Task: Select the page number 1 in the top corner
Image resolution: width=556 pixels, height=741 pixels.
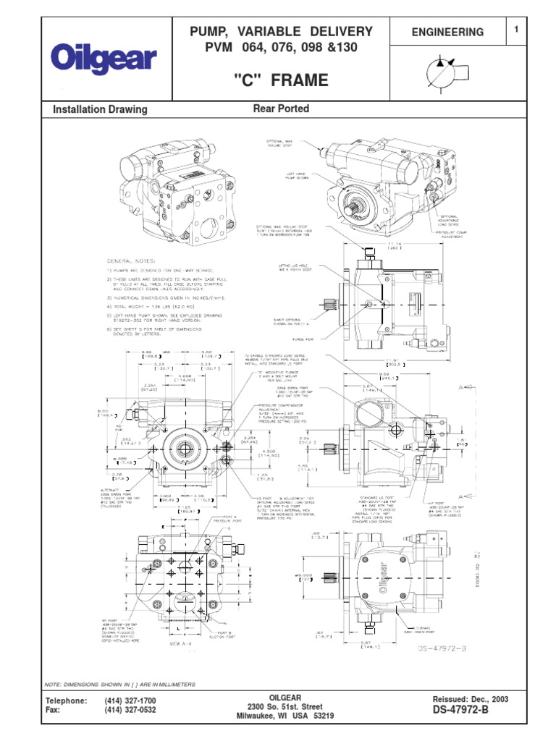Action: point(516,30)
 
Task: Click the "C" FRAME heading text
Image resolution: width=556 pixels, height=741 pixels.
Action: point(282,81)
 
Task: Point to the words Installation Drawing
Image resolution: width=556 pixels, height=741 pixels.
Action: point(101,110)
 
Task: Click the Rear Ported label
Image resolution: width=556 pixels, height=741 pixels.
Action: point(281,109)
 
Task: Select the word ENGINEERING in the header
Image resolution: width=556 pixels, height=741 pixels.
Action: point(447,33)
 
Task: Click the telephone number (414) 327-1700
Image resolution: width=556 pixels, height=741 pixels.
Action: point(130,701)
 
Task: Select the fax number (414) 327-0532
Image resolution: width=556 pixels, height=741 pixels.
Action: point(130,711)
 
